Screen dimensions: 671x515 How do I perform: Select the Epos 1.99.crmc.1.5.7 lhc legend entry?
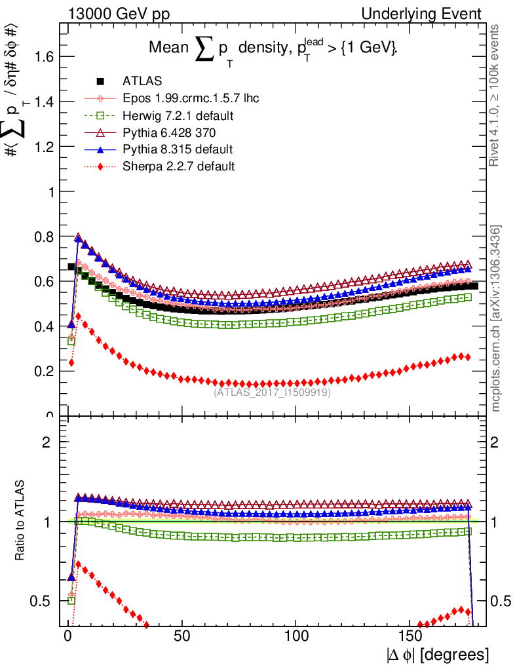(190, 99)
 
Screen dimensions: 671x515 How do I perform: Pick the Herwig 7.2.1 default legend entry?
(178, 116)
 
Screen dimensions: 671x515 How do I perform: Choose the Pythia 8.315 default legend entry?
(177, 149)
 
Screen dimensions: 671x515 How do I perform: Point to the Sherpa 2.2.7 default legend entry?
(178, 166)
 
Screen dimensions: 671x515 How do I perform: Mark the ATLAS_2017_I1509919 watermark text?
(272, 393)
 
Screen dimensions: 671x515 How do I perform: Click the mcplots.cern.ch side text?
(497, 318)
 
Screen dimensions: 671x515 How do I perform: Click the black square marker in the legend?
(101, 82)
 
